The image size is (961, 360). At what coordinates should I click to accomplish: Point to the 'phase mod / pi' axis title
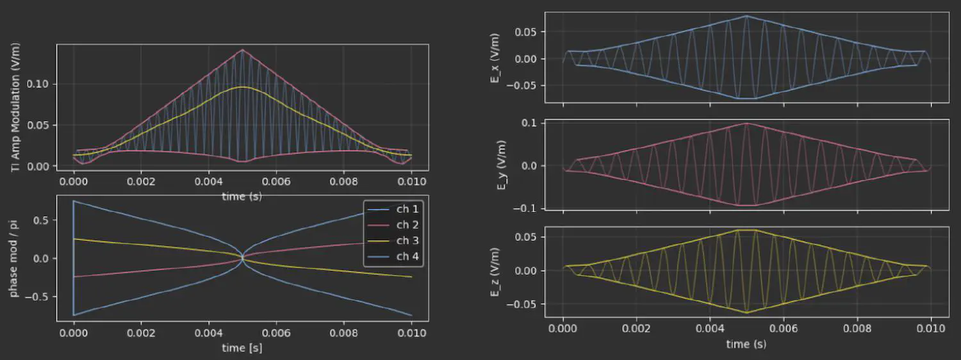click(15, 258)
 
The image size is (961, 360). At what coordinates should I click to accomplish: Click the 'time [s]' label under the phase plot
click(242, 348)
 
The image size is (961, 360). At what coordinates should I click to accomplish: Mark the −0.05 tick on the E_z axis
click(523, 304)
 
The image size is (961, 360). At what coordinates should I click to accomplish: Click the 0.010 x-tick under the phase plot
click(411, 333)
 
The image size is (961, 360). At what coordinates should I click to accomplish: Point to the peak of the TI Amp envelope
click(242, 50)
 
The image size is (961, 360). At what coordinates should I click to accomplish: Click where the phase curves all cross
click(242, 258)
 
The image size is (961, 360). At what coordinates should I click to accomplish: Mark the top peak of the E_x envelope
click(746, 16)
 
